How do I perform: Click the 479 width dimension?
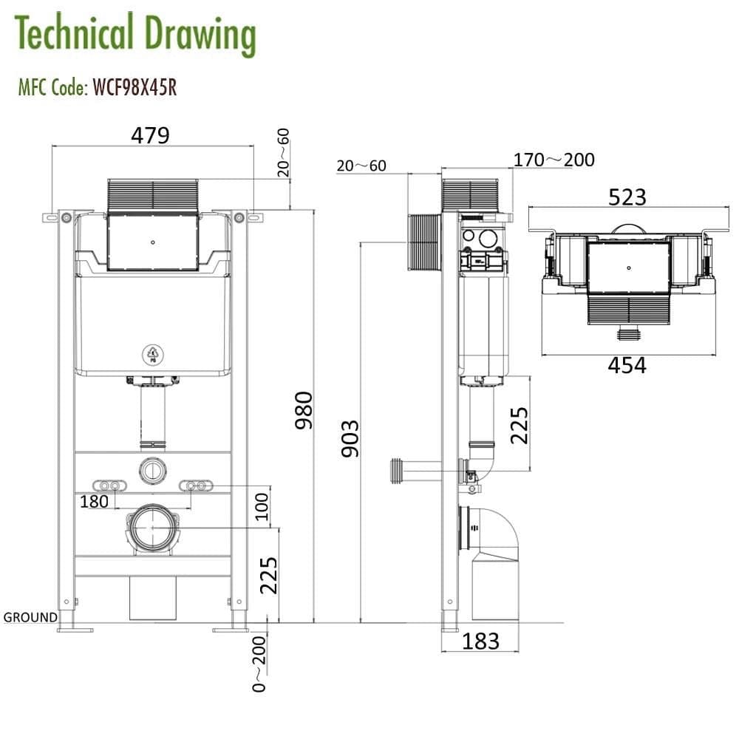[151, 135]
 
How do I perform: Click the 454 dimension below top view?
[627, 365]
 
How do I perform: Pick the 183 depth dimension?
[480, 641]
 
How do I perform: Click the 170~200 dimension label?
[554, 160]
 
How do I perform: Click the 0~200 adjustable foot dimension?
[259, 663]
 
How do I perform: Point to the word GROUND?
[30, 617]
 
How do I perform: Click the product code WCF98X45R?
[134, 89]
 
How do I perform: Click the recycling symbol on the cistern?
[153, 355]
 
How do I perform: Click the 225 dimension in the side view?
[520, 424]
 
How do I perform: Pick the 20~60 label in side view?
[361, 166]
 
